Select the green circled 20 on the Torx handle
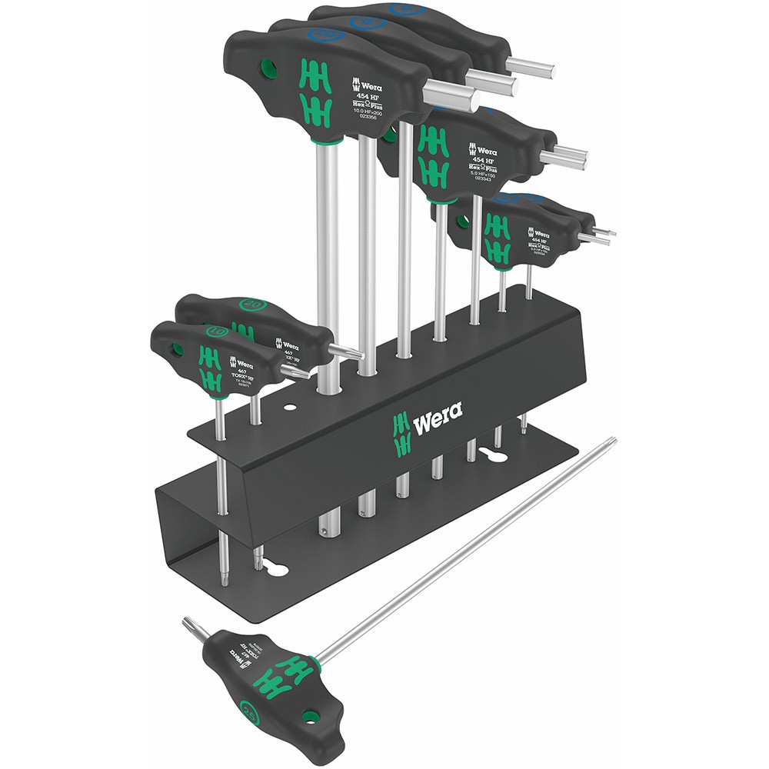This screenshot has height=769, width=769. click(251, 305)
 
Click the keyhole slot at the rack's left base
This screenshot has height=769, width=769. click(277, 570)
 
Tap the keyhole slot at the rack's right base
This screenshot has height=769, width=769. click(494, 454)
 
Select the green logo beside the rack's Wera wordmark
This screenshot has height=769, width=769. click(399, 432)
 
